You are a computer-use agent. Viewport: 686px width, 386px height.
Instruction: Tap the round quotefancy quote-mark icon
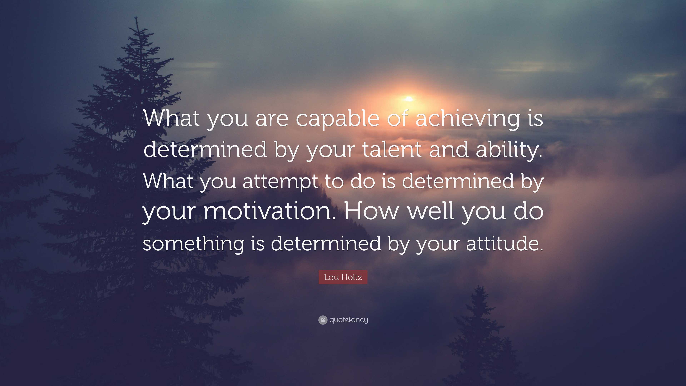click(323, 320)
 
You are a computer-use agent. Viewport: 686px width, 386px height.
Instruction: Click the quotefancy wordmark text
click(349, 320)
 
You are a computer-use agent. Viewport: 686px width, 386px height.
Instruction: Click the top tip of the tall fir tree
click(136, 17)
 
